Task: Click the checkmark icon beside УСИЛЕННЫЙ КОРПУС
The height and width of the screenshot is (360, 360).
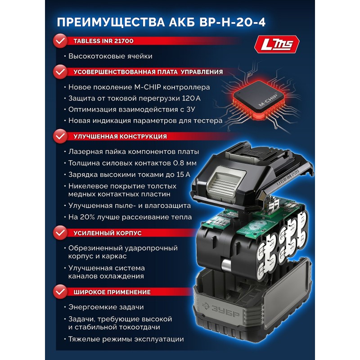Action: point(59,234)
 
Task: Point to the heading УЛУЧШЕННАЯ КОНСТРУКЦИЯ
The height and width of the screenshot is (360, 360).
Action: point(117,136)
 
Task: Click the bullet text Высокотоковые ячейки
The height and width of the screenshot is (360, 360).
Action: point(110,56)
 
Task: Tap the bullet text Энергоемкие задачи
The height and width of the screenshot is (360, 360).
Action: point(106,307)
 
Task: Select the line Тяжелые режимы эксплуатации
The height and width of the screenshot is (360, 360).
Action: point(126,339)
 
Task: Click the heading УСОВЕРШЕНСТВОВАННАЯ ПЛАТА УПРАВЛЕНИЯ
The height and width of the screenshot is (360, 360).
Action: point(144,72)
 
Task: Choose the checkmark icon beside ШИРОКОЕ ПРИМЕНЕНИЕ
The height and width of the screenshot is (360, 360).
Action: point(59,292)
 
